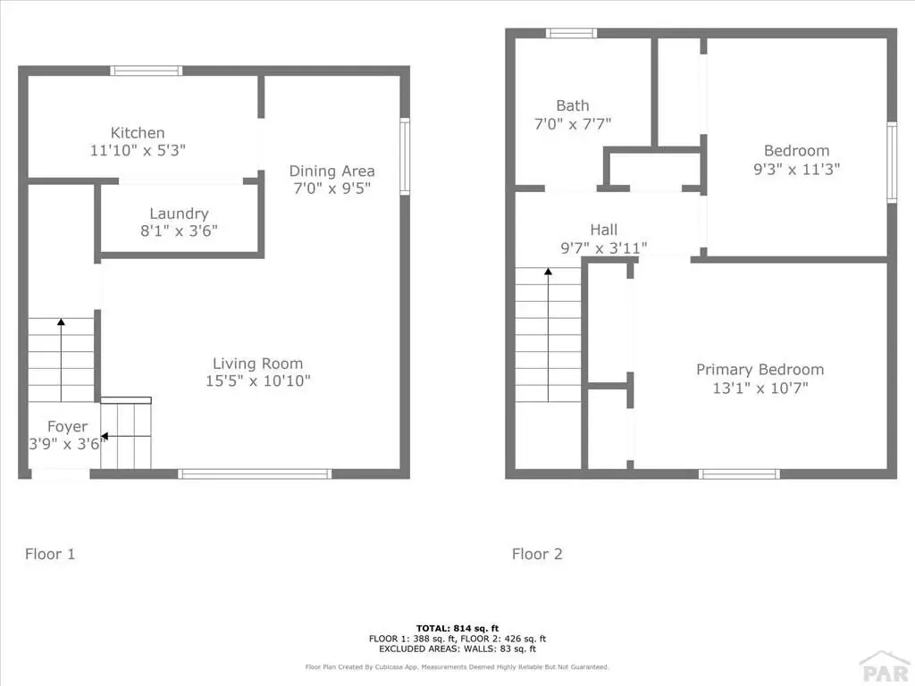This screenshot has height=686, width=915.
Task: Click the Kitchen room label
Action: (x=138, y=132)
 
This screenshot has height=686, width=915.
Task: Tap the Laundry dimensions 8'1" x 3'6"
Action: (x=179, y=231)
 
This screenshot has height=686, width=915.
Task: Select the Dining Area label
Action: (x=332, y=171)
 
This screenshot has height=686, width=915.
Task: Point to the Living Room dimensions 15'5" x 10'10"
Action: (x=258, y=381)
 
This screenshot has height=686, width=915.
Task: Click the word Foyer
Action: (x=68, y=427)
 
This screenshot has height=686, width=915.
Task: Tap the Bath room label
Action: (x=573, y=105)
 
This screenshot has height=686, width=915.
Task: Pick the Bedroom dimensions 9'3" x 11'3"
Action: (x=796, y=169)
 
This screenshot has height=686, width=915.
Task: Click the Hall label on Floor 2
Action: (x=603, y=230)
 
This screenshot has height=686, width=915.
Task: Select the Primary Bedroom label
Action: (x=760, y=369)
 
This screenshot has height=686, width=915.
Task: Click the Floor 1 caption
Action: (x=50, y=554)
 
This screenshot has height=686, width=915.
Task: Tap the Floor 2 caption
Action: (x=537, y=554)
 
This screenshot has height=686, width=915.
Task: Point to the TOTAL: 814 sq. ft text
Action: (x=457, y=628)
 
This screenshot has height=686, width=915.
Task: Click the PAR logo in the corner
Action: (x=886, y=668)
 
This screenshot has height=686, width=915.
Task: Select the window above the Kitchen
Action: (x=147, y=71)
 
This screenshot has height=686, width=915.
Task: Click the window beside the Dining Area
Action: (x=405, y=156)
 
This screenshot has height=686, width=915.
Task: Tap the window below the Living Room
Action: (x=255, y=473)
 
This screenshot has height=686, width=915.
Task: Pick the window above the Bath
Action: (x=571, y=33)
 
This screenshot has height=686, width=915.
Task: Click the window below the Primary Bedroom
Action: (x=739, y=473)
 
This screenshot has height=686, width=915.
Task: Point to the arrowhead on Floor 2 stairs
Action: (x=548, y=272)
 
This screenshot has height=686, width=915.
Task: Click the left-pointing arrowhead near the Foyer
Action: (x=105, y=436)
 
